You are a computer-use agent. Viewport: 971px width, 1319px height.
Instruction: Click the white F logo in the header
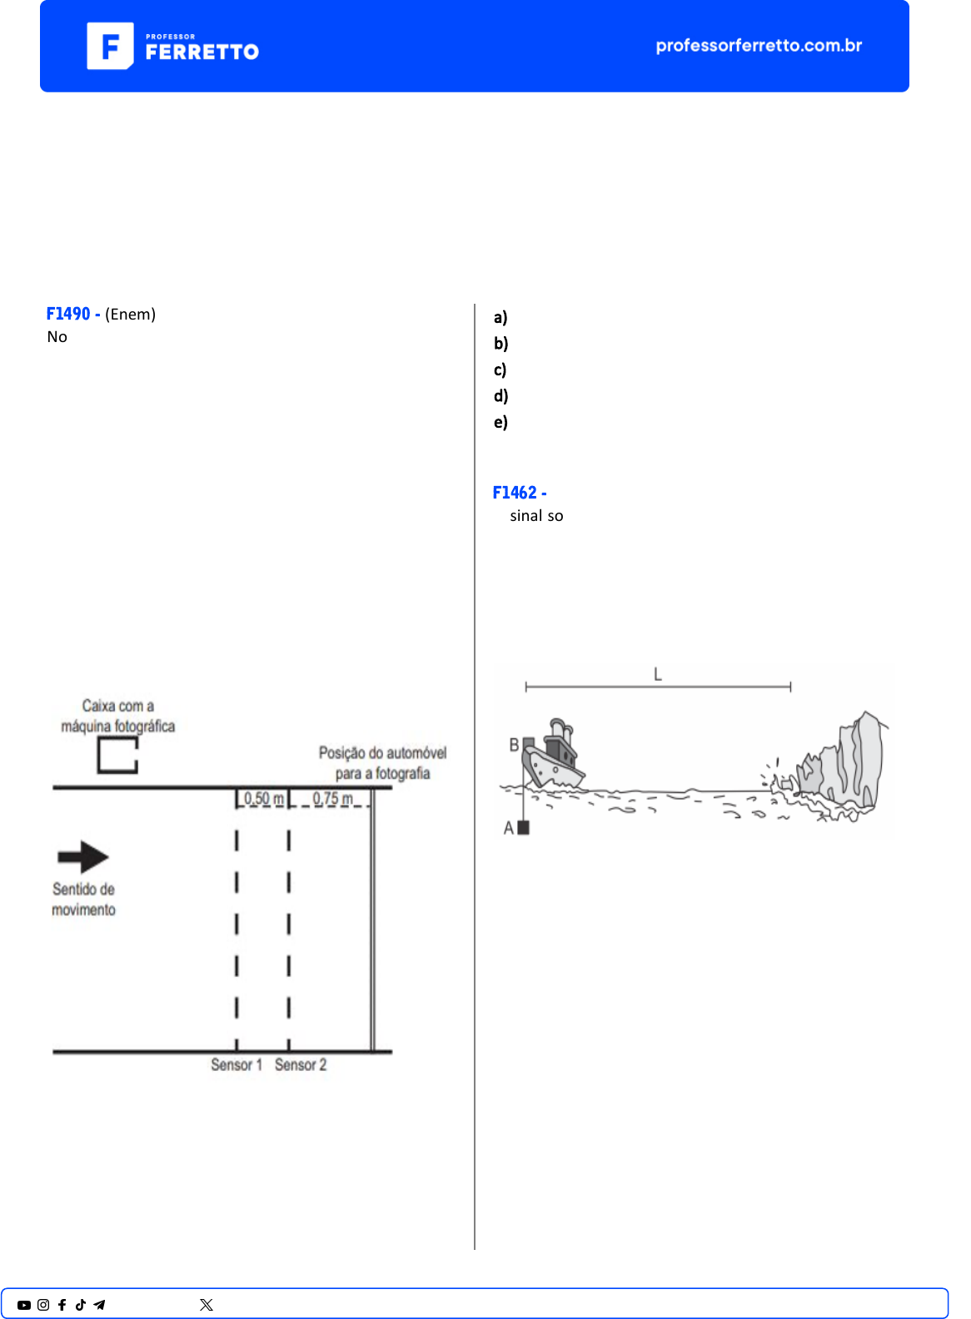(x=110, y=46)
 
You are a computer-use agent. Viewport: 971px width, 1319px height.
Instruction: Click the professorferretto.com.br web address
(x=759, y=46)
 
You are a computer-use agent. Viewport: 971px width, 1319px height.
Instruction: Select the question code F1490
(x=68, y=314)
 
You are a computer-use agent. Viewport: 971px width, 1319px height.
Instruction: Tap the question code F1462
(x=515, y=493)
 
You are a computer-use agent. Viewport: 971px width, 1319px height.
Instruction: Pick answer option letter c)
(x=500, y=369)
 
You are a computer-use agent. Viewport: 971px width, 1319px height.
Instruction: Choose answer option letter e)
(x=500, y=422)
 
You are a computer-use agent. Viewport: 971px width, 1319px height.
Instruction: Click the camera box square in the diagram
(x=117, y=755)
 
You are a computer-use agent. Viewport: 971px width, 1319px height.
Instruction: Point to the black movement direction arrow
(x=83, y=856)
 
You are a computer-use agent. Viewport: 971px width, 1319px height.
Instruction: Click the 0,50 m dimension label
(x=263, y=799)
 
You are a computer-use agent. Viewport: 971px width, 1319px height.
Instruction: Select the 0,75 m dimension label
(x=332, y=799)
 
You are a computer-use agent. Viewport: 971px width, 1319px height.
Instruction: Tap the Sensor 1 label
(x=237, y=1065)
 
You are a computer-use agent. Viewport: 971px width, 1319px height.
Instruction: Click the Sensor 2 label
(x=301, y=1065)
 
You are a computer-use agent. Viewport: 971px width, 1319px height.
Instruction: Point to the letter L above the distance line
(x=658, y=674)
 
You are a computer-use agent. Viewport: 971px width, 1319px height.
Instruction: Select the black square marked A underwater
(x=523, y=827)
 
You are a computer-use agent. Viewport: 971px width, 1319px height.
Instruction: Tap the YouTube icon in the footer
(x=24, y=1305)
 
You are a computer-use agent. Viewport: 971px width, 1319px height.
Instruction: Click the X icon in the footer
(x=207, y=1305)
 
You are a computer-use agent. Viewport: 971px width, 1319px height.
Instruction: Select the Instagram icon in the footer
(x=43, y=1305)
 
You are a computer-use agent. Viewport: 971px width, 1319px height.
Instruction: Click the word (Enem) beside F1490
(x=130, y=314)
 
